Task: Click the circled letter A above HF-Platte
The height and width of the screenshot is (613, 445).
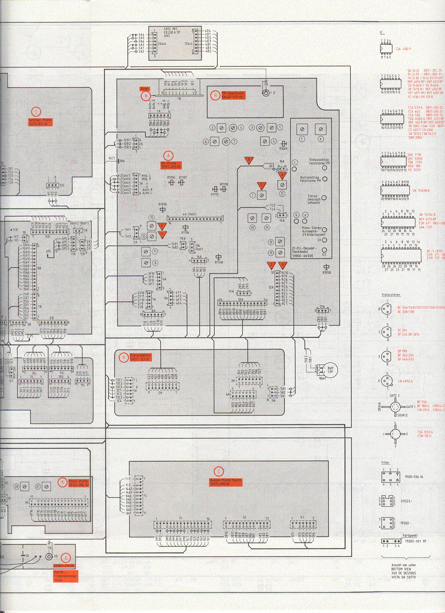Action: (169, 155)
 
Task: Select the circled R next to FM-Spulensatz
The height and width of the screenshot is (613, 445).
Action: (215, 95)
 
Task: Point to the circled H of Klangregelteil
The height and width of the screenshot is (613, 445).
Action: (123, 357)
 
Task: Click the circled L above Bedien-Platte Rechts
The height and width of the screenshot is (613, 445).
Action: (219, 471)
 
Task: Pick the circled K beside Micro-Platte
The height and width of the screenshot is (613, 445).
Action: (62, 482)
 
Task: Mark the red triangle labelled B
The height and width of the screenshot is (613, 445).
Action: (249, 160)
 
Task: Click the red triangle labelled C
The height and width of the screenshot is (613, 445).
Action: (261, 185)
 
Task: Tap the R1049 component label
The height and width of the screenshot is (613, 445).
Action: (283, 148)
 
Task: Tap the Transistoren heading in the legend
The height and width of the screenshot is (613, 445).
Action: (391, 295)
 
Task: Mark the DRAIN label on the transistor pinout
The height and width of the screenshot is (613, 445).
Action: (379, 407)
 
